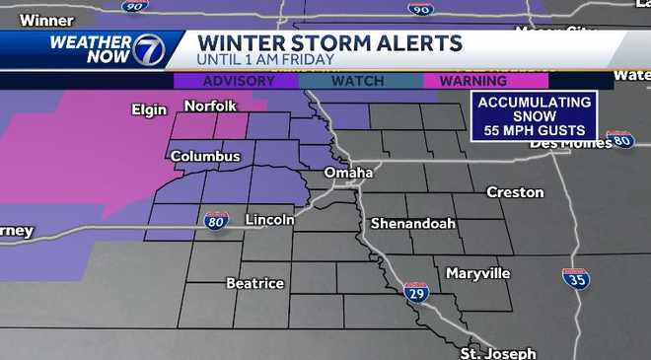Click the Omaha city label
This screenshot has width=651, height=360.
tap(349, 173)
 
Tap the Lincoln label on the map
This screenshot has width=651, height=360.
tap(269, 219)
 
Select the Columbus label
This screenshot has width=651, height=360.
tap(205, 156)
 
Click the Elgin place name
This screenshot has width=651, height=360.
tap(150, 109)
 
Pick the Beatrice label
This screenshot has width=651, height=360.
tap(254, 283)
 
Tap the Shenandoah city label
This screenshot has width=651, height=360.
tap(412, 223)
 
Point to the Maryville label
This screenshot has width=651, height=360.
tap(477, 272)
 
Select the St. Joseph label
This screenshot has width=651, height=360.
tap(498, 352)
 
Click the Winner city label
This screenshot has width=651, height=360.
tap(39, 20)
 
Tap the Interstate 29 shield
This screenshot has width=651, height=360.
tap(416, 291)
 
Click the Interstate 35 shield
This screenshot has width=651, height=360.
tap(576, 279)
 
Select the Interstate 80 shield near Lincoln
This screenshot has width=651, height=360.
tap(217, 221)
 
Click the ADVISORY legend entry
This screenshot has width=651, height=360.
tap(238, 81)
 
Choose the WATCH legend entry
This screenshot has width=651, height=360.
tap(357, 81)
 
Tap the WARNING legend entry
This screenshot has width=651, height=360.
tap(473, 81)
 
